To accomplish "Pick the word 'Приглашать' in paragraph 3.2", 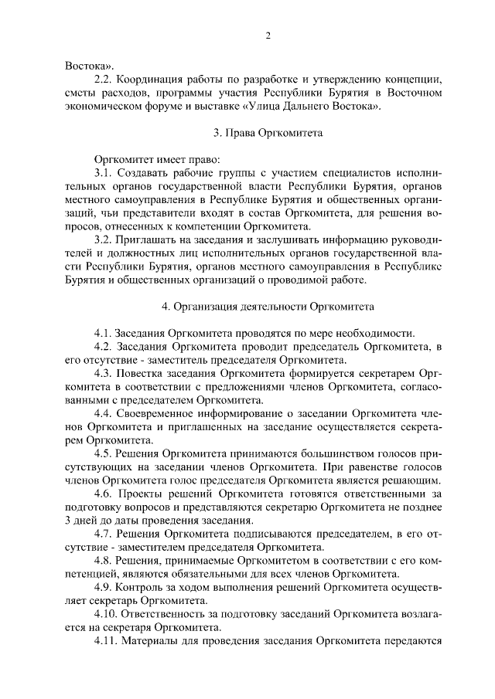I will tap(148, 240).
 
